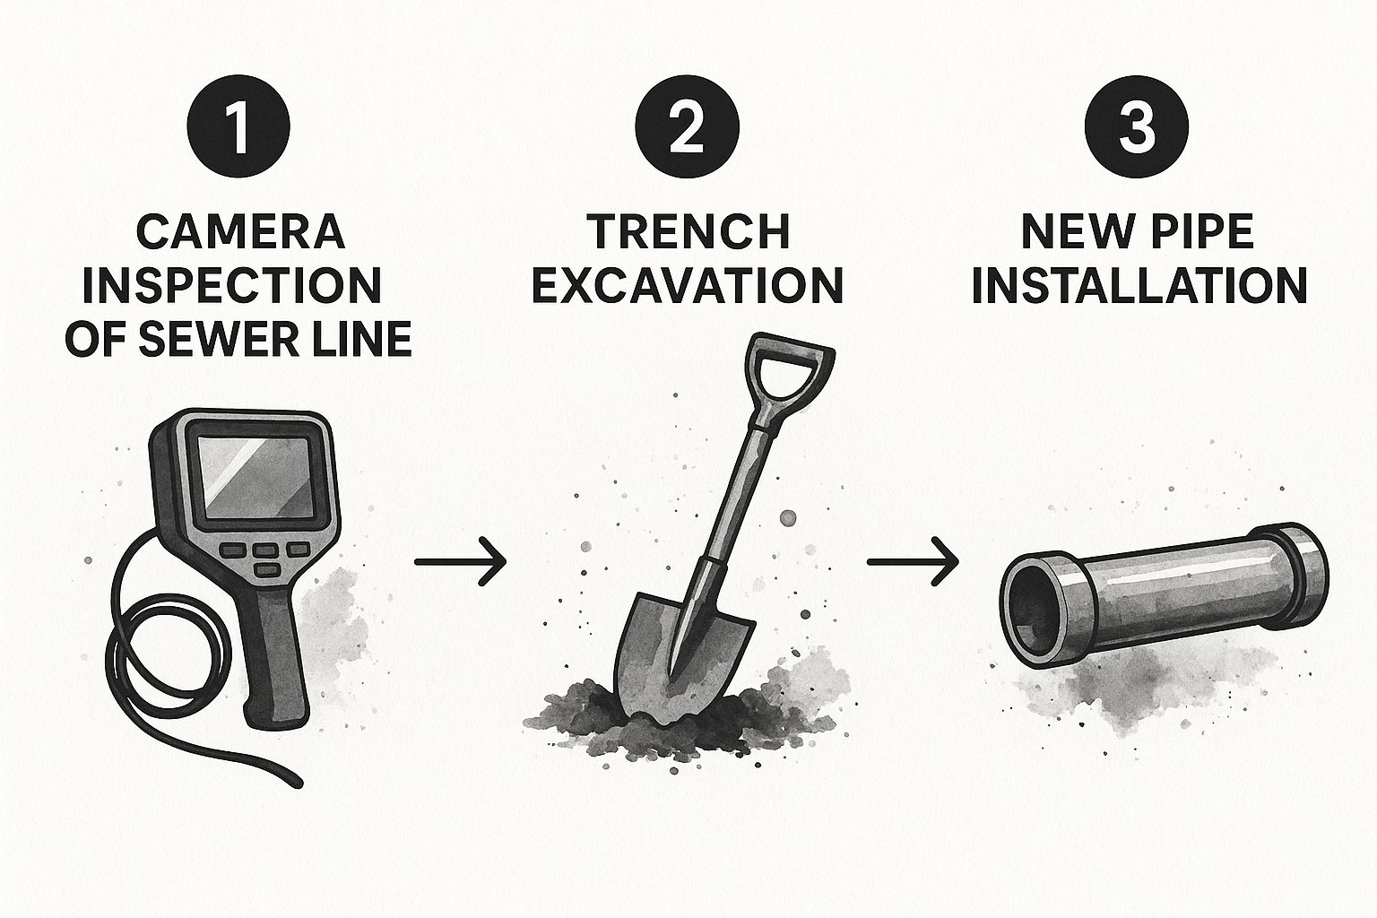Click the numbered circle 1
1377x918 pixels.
(238, 126)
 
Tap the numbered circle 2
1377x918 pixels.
(688, 126)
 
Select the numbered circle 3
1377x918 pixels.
(1136, 126)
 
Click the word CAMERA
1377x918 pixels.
(239, 232)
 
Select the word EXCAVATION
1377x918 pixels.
(688, 285)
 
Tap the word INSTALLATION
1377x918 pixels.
(1139, 285)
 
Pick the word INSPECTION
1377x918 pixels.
(232, 285)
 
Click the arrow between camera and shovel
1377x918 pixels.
(460, 561)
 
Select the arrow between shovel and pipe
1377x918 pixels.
(913, 562)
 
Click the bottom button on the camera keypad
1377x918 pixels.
(267, 570)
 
